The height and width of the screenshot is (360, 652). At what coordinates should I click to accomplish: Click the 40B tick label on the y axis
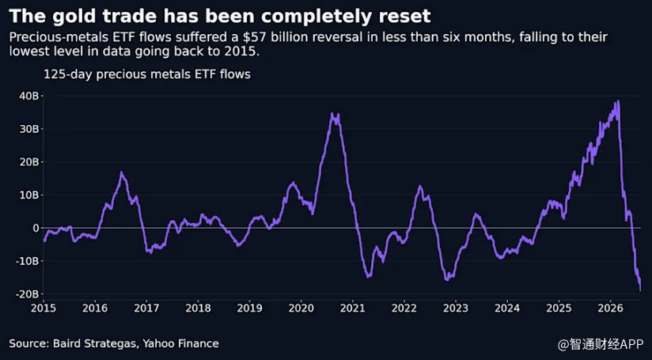[29, 96]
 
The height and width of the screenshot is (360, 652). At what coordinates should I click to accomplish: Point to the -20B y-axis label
[27, 294]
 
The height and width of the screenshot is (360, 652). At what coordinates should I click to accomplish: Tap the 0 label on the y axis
[36, 228]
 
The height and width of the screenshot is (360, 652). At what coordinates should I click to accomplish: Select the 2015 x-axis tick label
[43, 308]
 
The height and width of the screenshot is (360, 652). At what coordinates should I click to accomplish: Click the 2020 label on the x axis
[301, 308]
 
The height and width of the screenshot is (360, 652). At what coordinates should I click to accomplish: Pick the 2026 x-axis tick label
[610, 308]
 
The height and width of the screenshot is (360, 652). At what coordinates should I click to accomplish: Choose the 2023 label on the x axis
[455, 308]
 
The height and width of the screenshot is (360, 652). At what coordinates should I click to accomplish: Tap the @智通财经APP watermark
[601, 344]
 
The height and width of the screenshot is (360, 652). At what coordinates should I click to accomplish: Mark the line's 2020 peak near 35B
[332, 112]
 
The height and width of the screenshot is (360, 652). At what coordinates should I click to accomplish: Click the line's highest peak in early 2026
[619, 100]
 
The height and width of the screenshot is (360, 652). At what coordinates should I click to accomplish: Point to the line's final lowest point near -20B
[640, 290]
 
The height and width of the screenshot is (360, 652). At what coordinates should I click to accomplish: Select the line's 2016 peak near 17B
[121, 172]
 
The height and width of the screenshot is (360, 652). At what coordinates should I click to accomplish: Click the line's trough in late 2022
[447, 280]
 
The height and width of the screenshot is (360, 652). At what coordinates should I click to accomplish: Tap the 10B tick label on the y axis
[29, 195]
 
